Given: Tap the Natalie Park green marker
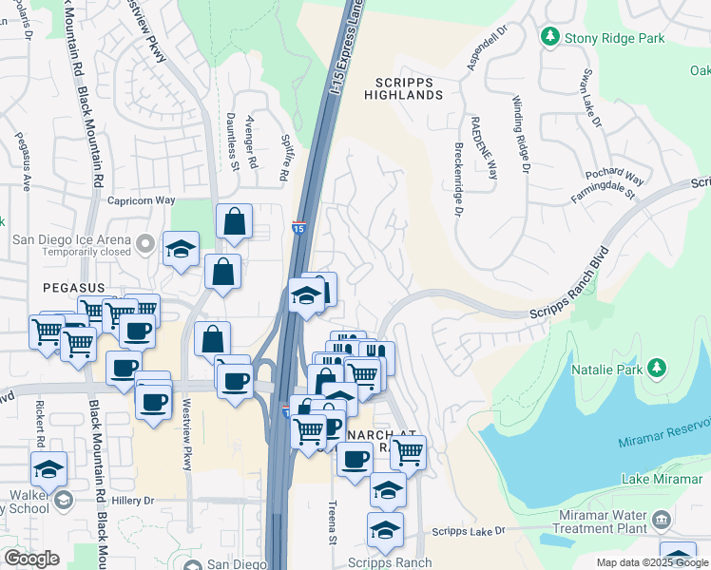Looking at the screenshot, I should [656, 368].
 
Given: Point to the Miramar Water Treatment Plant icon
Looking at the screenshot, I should [663, 521].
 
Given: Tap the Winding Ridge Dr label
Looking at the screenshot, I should [520, 135].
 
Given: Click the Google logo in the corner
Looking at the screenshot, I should [31, 559].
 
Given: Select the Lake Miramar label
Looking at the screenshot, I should [665, 480].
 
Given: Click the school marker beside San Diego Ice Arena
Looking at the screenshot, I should [181, 250].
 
